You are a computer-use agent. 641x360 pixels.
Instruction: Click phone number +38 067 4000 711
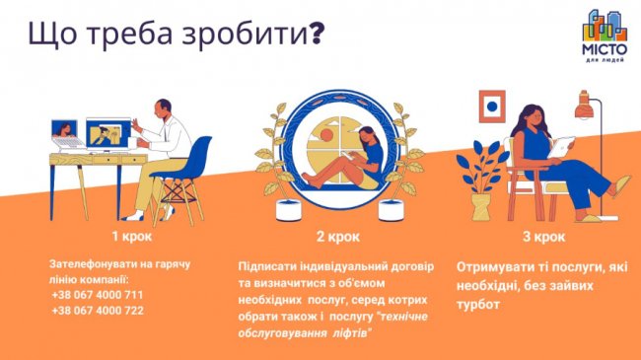[98, 295]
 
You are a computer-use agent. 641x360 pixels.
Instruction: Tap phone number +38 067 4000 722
[98, 310]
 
